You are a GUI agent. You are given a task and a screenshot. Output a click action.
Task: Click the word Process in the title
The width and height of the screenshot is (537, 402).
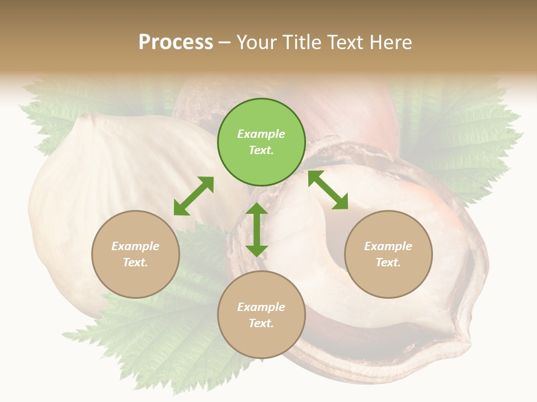[x=176, y=42]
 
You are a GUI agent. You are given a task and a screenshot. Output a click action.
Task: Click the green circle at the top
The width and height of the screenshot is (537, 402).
[x=261, y=162]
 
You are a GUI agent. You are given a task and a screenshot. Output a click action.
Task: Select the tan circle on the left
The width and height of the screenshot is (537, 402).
[x=135, y=279]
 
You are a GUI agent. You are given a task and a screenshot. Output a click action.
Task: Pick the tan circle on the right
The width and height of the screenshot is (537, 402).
[x=388, y=279]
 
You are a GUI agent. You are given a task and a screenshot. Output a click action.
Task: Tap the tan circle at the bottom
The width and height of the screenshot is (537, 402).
[x=261, y=341]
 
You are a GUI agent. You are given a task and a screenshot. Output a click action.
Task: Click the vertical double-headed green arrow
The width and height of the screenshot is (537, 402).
[x=257, y=229]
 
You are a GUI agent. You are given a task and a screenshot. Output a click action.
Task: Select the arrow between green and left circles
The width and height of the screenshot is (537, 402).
[x=194, y=196]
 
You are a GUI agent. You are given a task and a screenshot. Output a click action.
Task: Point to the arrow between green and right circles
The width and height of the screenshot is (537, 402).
[x=328, y=190]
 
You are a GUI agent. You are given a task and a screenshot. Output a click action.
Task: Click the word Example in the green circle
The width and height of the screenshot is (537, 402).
[x=261, y=134]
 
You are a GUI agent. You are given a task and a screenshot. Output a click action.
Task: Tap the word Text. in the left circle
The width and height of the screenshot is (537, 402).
[x=135, y=262]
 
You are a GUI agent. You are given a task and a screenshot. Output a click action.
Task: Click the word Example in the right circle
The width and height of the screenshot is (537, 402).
[x=388, y=246]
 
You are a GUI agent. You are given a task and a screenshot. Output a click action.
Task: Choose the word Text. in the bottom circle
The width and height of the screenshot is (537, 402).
[x=261, y=323]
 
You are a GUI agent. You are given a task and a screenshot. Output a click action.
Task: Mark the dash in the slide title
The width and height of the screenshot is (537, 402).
[x=225, y=43]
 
